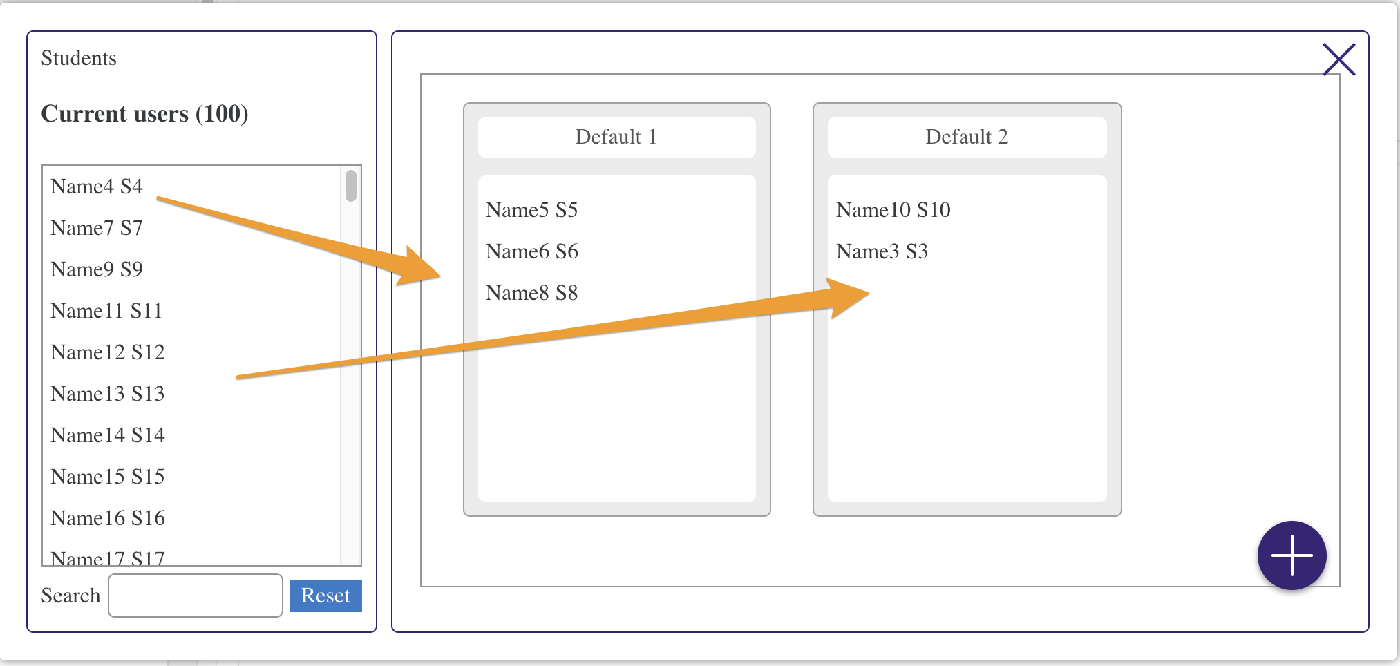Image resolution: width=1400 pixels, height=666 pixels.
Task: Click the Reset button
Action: pos(325,596)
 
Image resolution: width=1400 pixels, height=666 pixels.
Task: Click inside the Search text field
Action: pos(196,596)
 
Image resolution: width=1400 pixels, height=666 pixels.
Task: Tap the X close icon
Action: pos(1338,59)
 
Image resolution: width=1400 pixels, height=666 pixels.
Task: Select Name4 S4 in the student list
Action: pos(97,187)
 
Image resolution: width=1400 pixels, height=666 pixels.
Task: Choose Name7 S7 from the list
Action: pos(97,228)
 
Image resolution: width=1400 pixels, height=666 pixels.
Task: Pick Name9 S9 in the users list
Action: pos(97,269)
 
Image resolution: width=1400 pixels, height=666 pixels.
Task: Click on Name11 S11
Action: pos(106,311)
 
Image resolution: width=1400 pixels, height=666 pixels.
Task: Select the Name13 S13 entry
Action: pos(108,394)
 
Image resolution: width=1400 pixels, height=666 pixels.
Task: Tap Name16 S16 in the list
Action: pos(108,518)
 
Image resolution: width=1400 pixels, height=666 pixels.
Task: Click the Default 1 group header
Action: pos(616,137)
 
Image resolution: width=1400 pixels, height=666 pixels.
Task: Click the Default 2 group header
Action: pos(967,137)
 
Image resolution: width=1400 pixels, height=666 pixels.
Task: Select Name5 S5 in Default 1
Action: pos(531,210)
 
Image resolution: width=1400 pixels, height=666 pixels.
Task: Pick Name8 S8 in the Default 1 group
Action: pos(531,293)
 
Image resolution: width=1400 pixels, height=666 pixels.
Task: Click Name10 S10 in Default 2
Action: pos(893,210)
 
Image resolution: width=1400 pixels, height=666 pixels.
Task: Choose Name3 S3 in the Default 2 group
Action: pos(882,251)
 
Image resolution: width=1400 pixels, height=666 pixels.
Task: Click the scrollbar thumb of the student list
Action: pos(351,186)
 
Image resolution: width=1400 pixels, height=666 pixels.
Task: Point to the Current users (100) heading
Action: pos(144,113)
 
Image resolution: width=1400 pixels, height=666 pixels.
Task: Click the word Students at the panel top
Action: pos(79,58)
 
